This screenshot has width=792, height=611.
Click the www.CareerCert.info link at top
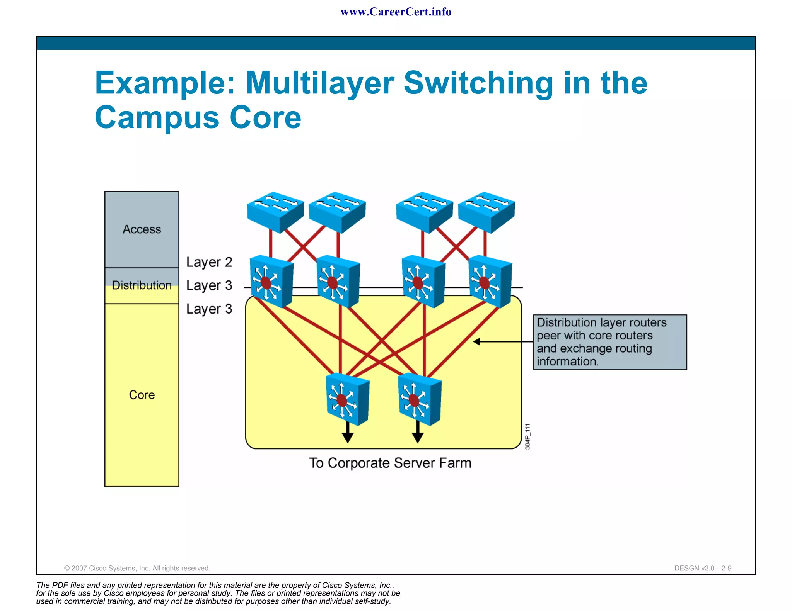[396, 12]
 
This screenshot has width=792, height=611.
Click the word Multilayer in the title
[319, 83]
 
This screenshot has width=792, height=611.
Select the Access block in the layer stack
[142, 229]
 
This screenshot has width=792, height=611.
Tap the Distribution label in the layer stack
[142, 285]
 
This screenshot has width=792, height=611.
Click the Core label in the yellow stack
[142, 395]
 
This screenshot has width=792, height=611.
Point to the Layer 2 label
[209, 262]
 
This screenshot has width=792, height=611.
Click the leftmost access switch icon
[275, 212]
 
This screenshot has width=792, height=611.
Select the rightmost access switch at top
[486, 212]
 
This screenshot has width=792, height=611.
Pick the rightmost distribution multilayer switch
[490, 282]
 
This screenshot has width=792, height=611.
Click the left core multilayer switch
[347, 399]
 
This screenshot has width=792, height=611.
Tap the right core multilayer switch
[420, 399]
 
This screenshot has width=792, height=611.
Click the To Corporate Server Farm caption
[390, 463]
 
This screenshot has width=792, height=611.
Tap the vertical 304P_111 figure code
[527, 436]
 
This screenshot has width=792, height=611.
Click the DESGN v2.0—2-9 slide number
[703, 568]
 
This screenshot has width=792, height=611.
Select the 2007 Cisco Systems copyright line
[137, 568]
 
